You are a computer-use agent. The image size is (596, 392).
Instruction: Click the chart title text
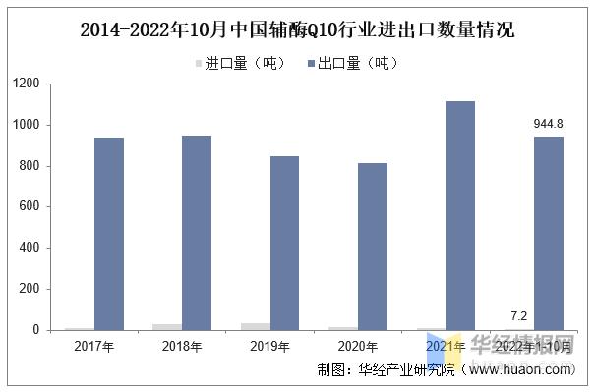[x=297, y=28]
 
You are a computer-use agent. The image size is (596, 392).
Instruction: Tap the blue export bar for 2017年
[x=109, y=234]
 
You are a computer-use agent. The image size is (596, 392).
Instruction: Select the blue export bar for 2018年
[x=197, y=233]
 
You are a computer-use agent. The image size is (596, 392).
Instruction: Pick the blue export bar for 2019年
[x=284, y=243]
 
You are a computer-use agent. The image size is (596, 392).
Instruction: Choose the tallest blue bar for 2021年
[x=459, y=215]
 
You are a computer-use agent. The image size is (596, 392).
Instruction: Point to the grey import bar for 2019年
[x=255, y=326]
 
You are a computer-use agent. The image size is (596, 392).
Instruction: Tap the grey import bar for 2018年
[x=167, y=326]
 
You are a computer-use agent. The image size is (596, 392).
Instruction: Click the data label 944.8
[x=548, y=124]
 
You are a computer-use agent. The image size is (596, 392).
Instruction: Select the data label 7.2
[x=518, y=315]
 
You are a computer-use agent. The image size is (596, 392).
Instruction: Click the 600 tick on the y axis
[x=30, y=207]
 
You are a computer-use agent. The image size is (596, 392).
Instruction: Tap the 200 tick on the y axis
[x=30, y=289]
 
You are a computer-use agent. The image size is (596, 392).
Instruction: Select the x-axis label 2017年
[x=94, y=346]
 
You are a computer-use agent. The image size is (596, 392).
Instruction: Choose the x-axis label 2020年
[x=357, y=346]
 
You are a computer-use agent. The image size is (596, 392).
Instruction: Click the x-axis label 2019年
[x=269, y=346]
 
